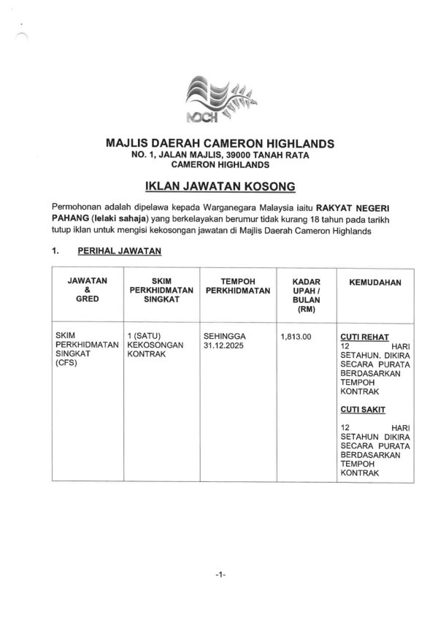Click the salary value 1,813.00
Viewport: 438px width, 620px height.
[296, 337]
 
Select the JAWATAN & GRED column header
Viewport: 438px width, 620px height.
[87, 290]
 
